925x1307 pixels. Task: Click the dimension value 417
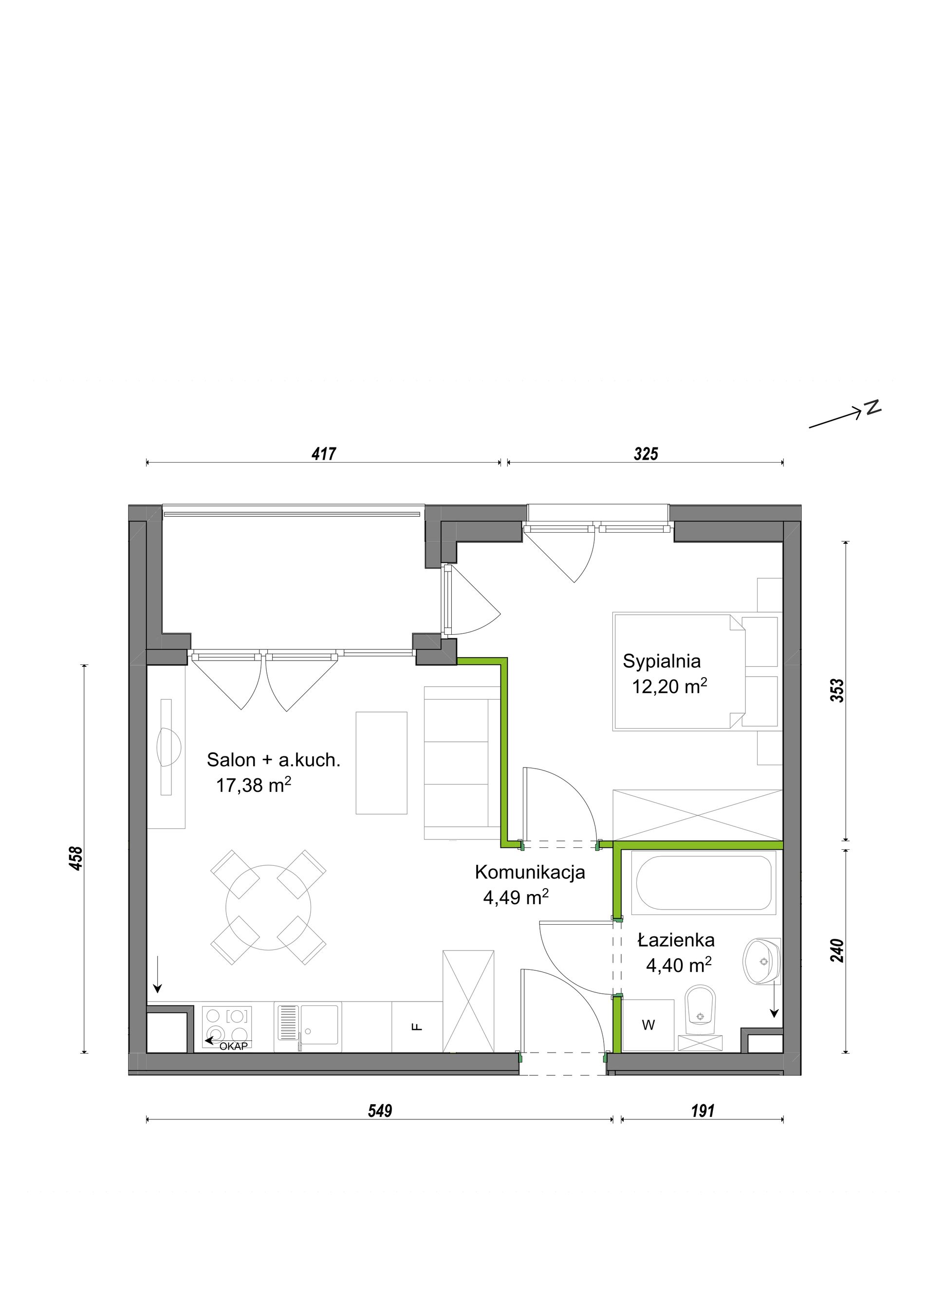tap(324, 454)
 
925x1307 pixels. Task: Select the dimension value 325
tap(646, 454)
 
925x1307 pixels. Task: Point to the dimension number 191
tap(703, 1110)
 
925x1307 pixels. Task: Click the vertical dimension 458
tap(76, 859)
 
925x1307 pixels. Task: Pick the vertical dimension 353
tap(837, 691)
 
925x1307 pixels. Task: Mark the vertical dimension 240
tap(837, 950)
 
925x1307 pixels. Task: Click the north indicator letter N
tap(872, 408)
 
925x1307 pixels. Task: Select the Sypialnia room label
tap(661, 661)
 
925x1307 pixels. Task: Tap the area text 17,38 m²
tap(254, 785)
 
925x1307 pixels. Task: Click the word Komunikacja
tap(530, 872)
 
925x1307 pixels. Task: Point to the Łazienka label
tap(676, 940)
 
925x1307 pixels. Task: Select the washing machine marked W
tap(648, 1025)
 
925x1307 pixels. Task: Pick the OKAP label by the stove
tap(234, 1046)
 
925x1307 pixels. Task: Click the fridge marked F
tap(417, 1027)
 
